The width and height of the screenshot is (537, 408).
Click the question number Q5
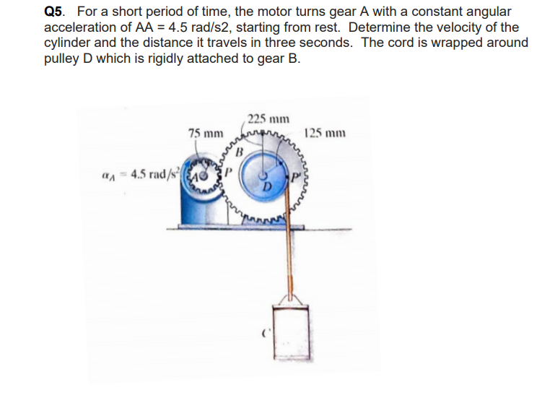click(56, 12)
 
